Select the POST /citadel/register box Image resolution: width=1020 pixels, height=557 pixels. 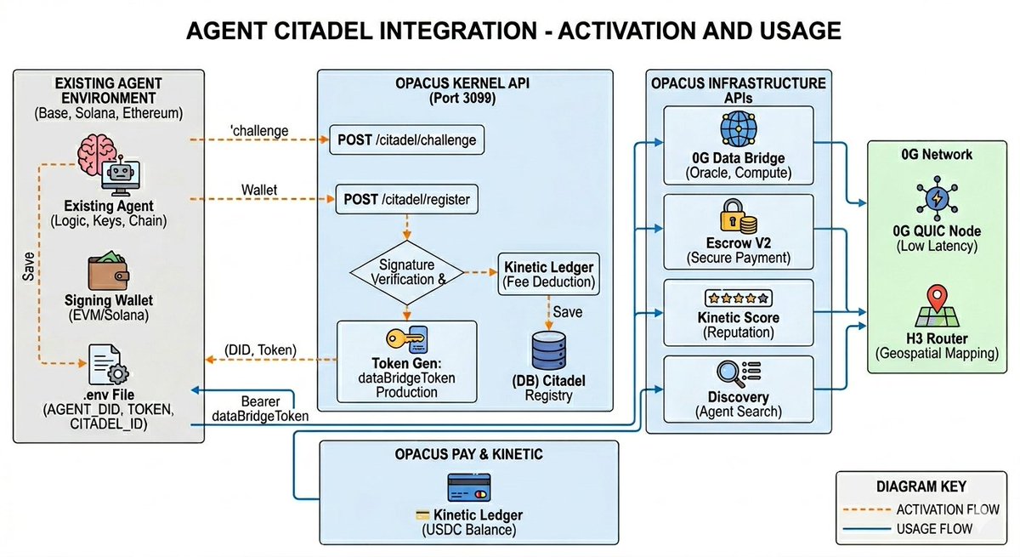pos(407,200)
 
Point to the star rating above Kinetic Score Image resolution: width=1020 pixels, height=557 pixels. pos(738,298)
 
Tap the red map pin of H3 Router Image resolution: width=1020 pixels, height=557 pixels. pos(936,299)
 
